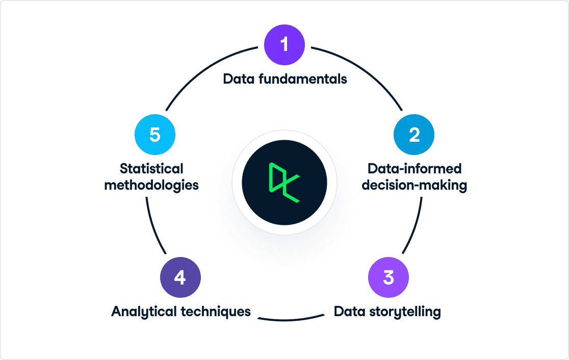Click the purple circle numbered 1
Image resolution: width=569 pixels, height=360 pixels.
(x=284, y=45)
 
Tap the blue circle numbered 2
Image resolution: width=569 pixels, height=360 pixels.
(x=414, y=135)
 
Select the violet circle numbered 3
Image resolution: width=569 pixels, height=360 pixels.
(x=389, y=277)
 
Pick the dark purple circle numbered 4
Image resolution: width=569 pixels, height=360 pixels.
(x=180, y=277)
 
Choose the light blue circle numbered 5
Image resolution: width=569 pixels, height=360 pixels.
(x=155, y=135)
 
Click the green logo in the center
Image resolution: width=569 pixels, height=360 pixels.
(x=284, y=183)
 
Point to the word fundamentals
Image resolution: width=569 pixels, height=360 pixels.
(x=303, y=79)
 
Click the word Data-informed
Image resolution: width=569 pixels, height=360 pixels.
(x=415, y=168)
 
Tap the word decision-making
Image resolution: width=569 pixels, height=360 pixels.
(x=415, y=185)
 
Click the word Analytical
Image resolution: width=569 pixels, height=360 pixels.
(x=144, y=312)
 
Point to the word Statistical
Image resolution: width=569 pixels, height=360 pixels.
(x=151, y=168)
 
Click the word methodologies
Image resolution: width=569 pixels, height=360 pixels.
(x=151, y=185)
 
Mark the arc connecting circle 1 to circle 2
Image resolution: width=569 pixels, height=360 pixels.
(x=364, y=70)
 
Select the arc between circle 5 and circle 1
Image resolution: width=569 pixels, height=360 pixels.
(x=205, y=70)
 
